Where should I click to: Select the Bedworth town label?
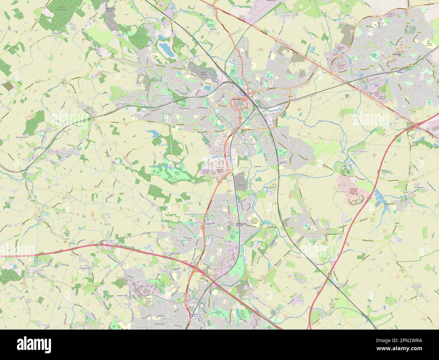(242, 224)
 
